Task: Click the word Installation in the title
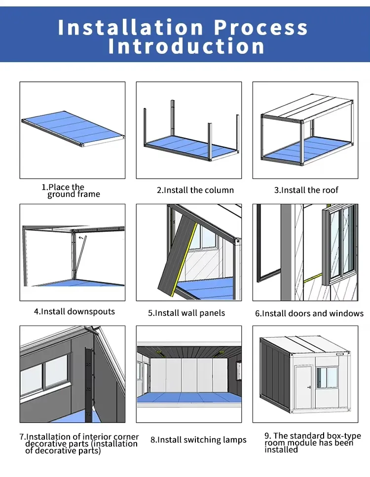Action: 130,28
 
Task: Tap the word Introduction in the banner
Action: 186,47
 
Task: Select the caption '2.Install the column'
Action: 195,190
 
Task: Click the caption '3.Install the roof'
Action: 306,190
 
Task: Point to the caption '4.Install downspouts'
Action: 74,312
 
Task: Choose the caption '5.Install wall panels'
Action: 186,313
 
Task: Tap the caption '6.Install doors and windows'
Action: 309,314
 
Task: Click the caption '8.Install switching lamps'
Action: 198,440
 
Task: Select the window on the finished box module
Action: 327,377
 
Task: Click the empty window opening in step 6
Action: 269,242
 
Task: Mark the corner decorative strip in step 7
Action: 89,380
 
